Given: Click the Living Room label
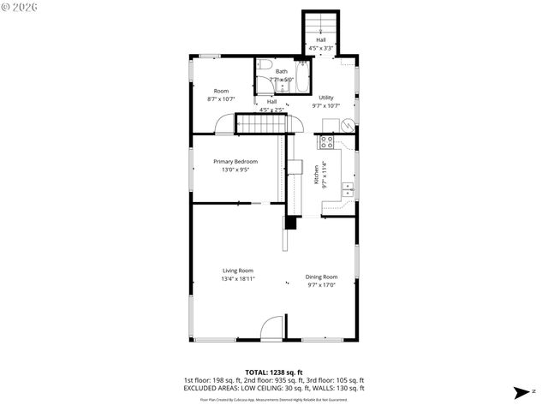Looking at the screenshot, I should [237, 271].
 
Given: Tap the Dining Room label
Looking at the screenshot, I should [322, 277].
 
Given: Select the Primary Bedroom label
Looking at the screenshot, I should [235, 161].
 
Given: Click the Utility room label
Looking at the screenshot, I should [326, 98].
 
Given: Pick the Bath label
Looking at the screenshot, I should [281, 71].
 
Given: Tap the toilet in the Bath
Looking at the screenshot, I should [264, 64].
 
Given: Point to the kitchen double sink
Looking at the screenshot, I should [348, 189].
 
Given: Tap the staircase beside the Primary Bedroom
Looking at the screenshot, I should [261, 125].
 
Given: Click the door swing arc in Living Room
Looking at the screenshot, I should [271, 328].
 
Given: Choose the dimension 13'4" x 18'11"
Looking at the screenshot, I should [237, 278].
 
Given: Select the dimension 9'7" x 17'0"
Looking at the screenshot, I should [322, 284].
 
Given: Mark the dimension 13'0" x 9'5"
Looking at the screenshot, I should [235, 170].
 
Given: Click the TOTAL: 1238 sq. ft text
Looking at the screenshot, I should [273, 372].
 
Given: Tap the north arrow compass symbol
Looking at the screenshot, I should [522, 392].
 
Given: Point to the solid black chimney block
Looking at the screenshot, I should [291, 223].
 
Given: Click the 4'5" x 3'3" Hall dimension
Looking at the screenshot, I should [321, 47].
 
